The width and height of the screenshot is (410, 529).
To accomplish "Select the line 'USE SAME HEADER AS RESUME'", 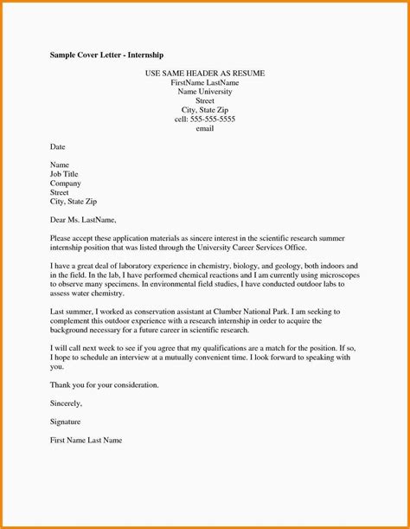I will tap(204, 74).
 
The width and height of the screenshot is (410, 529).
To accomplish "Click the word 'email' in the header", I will tap(204, 129).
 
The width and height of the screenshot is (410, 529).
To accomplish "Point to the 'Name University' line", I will tap(204, 91).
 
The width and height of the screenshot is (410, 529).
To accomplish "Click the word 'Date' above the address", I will tap(59, 147).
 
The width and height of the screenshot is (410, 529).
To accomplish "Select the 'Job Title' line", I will tap(65, 174).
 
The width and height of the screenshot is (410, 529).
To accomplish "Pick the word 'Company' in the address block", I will tap(66, 184).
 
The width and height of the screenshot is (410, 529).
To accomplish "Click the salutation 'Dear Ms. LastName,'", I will tap(82, 220).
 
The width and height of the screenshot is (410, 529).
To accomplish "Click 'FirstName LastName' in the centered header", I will tap(204, 82).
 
